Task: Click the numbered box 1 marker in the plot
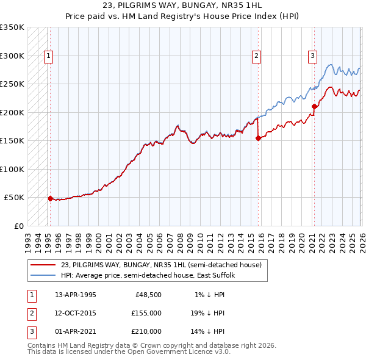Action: [x=48, y=56]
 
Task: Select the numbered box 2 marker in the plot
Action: [x=257, y=56]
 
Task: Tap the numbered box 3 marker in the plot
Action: [x=312, y=56]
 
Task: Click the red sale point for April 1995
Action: [x=50, y=198]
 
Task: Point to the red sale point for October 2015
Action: [x=258, y=138]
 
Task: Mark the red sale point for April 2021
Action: [x=314, y=107]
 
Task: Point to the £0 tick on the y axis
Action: [x=18, y=226]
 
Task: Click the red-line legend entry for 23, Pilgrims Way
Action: [x=161, y=265]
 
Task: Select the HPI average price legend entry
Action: [x=152, y=275]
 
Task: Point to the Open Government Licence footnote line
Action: [x=129, y=352]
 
